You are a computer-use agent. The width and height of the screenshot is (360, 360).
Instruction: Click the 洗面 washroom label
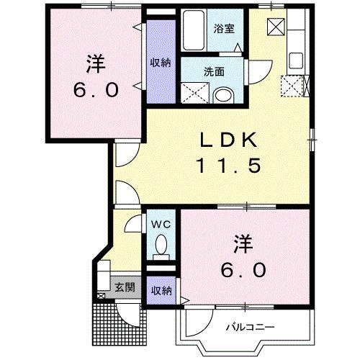click(213, 72)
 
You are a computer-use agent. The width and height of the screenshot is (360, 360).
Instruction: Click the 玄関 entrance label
click(124, 287)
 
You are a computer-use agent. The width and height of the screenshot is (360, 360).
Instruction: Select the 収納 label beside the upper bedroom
click(161, 63)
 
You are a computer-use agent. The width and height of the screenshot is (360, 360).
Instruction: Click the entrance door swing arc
click(127, 311)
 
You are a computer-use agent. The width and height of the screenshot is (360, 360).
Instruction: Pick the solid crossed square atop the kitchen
click(277, 27)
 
